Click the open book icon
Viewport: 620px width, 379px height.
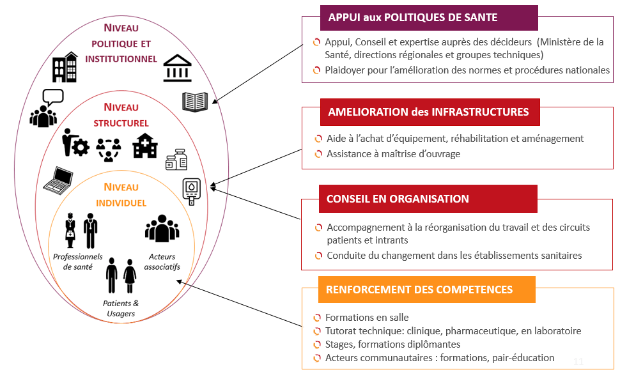[x=195, y=102]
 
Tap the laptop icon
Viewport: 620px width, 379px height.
[x=59, y=181]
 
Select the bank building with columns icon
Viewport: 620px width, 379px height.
[x=178, y=68]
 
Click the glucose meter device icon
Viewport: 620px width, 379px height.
[x=191, y=192]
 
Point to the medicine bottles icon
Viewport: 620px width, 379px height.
[x=176, y=160]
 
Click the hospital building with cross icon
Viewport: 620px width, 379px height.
[x=145, y=146]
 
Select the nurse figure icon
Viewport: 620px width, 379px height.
[x=70, y=230]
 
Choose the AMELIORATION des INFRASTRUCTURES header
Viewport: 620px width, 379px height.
[x=430, y=112]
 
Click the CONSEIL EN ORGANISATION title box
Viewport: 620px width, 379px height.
[x=428, y=199]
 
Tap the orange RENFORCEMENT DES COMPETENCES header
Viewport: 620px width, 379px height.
[x=427, y=290]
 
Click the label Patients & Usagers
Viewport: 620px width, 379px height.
[x=121, y=308]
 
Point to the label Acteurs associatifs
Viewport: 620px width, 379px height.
[x=162, y=261]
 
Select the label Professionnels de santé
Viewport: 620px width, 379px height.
[x=78, y=261]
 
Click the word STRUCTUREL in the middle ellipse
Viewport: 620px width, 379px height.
[x=121, y=123]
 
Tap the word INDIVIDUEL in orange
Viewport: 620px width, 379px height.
[x=121, y=203]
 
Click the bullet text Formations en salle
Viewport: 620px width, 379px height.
[x=367, y=318]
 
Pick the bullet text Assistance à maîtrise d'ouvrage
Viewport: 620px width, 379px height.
[x=394, y=154]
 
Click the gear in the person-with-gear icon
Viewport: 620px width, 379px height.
[x=81, y=148]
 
